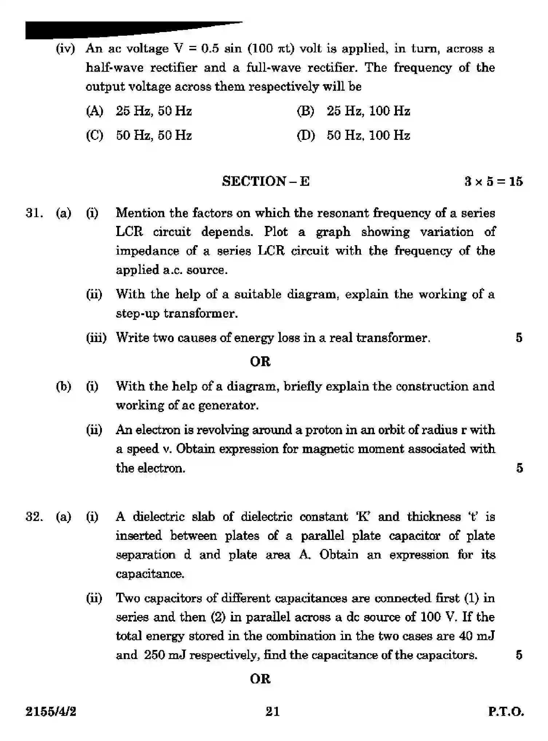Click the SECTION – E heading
266,181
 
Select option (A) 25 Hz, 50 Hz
139,111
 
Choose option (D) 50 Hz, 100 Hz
353,136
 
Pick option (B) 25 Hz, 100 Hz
353,111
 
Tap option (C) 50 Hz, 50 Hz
139,136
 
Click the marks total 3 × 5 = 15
493,181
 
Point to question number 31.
34,213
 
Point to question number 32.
34,517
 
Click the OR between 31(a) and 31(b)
260,362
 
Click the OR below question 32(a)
260,679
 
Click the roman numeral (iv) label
65,49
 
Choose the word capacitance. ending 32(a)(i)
150,574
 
